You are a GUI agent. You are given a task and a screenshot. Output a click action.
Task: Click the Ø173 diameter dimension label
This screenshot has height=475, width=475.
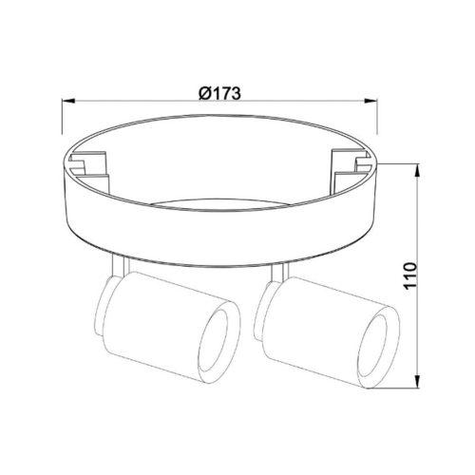tap(219, 93)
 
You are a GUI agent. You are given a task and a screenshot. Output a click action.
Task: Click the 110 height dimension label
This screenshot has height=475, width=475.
tap(410, 275)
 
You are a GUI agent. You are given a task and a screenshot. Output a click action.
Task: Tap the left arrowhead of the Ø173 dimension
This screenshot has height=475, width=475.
tap(68, 101)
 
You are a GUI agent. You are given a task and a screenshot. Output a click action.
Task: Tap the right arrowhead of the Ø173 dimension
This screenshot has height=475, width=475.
tap(371, 101)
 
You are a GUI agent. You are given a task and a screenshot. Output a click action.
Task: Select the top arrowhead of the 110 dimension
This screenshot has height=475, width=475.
tap(418, 171)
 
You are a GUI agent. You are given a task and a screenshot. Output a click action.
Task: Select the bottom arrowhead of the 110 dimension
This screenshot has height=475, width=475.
tap(418, 381)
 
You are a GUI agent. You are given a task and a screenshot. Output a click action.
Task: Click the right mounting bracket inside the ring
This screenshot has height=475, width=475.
tap(351, 169)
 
